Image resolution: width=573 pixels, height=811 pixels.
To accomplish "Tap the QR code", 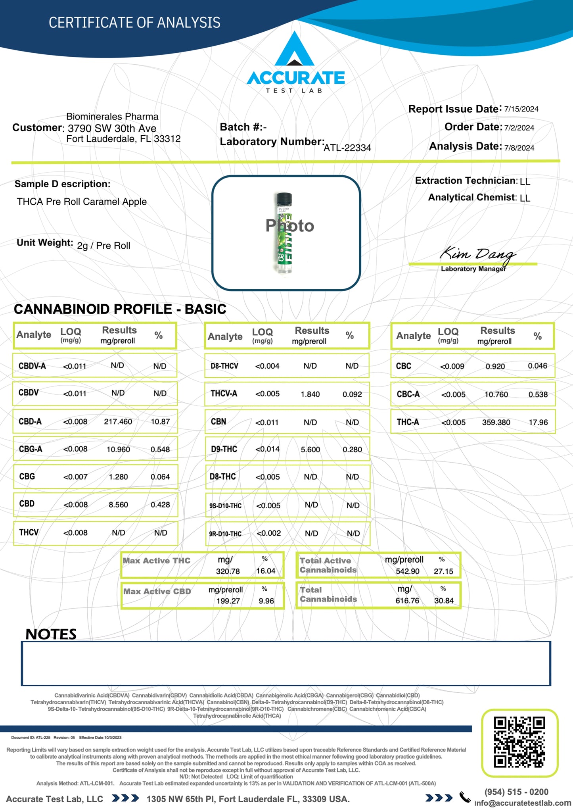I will click(519, 742).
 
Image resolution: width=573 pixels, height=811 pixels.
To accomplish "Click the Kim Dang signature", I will click(477, 254).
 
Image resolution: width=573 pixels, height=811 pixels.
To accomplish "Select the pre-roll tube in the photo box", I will click(284, 233).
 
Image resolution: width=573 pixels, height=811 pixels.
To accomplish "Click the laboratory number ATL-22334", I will click(347, 148).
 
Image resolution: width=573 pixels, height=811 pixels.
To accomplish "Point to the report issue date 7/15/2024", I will click(521, 109).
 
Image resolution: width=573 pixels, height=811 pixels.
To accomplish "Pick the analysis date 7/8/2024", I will click(519, 148).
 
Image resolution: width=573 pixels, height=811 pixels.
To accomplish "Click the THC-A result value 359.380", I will click(496, 423).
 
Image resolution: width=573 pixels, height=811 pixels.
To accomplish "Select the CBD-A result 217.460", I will click(118, 421).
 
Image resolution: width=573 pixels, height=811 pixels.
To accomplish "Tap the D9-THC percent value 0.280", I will click(352, 450).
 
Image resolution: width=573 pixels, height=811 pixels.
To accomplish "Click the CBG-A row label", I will click(31, 449).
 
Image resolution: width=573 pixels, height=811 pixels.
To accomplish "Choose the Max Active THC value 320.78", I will click(228, 571).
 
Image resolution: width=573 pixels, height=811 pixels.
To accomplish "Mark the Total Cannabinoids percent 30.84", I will click(443, 601).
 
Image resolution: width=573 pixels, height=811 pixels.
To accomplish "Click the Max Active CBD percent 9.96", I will click(266, 601).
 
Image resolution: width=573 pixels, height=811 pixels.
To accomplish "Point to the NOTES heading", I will click(51, 634).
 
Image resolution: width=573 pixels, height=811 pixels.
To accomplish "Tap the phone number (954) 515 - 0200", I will click(516, 792).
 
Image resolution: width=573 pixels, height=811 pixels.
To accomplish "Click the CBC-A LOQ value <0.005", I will click(453, 395).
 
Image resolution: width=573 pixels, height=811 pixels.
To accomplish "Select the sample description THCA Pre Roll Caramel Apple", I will click(82, 202).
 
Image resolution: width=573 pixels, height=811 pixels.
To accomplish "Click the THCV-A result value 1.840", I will click(310, 394).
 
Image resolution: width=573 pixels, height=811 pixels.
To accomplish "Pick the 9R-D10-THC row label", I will click(225, 534).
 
